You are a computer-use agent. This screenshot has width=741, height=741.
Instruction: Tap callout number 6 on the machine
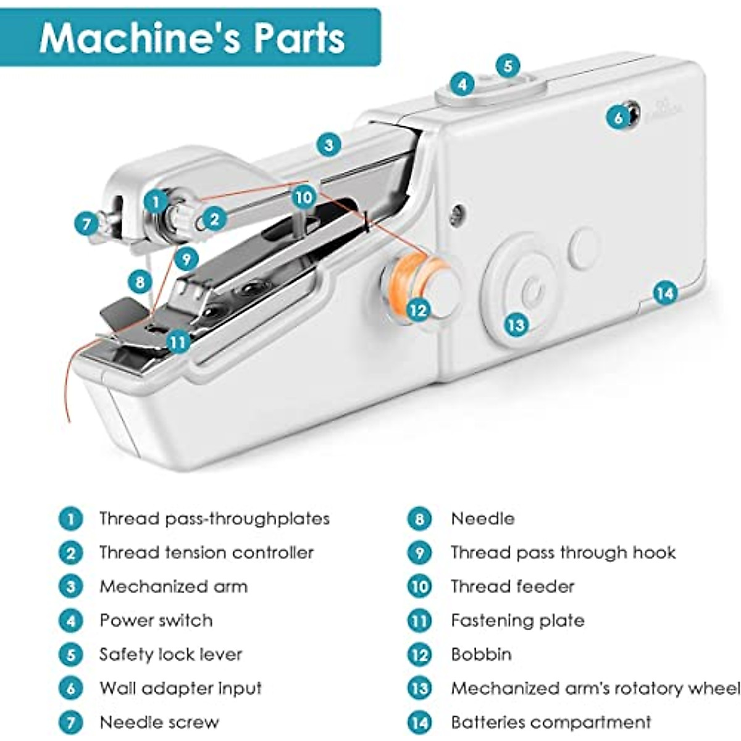617,117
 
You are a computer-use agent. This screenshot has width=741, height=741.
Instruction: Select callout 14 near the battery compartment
665,293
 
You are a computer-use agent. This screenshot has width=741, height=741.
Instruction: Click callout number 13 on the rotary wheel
516,324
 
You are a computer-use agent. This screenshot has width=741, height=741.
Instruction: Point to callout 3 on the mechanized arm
329,144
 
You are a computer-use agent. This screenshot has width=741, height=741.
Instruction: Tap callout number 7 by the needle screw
86,224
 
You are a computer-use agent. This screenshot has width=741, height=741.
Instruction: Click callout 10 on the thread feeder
303,198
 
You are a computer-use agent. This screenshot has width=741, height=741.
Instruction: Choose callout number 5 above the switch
508,65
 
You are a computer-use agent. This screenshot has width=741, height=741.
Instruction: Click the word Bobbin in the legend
481,654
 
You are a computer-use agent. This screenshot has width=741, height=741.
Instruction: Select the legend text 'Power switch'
156,620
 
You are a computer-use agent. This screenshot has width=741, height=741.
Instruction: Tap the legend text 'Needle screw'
159,722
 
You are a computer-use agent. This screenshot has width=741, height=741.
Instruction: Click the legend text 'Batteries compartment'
551,722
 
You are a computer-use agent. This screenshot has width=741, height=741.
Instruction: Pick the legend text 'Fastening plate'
517,620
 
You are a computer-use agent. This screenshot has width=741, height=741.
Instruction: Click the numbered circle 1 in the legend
70,519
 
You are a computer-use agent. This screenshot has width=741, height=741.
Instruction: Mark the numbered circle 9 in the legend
419,553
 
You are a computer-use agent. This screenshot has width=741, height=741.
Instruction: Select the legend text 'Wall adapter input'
180,688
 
